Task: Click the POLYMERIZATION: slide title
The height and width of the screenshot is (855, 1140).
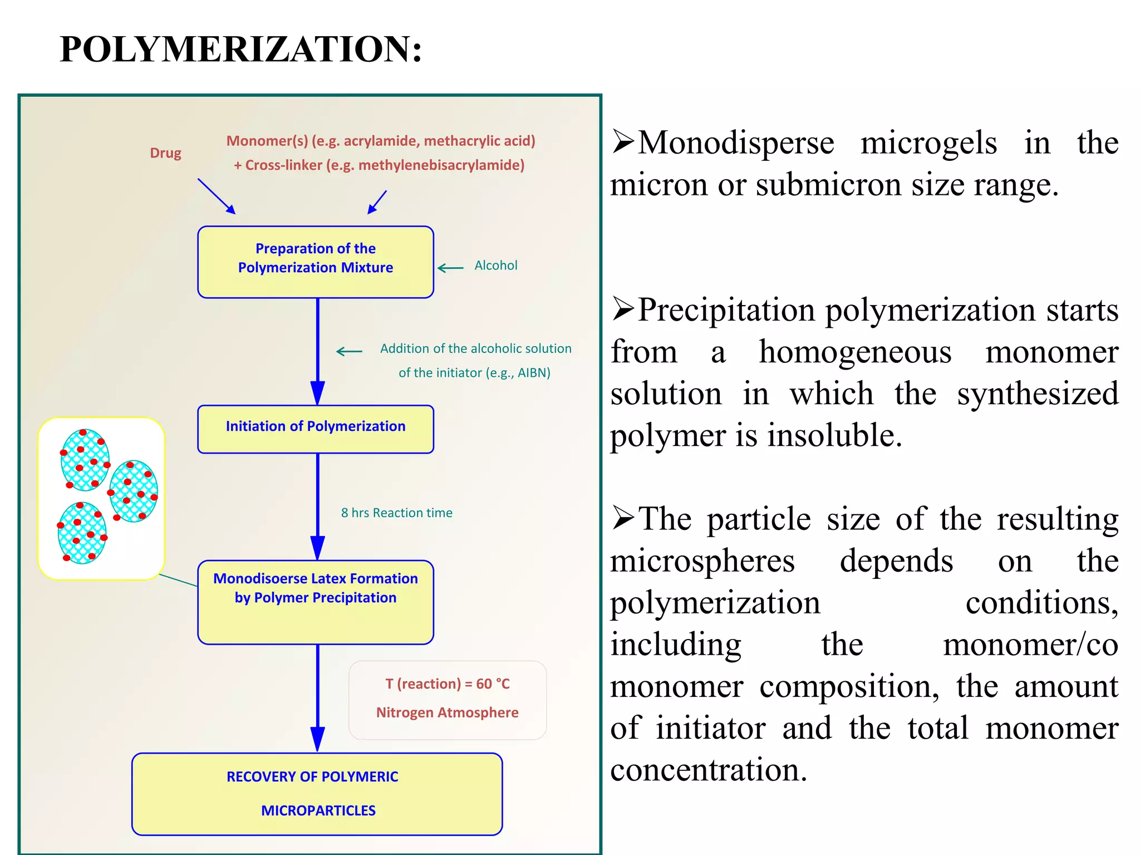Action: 240,49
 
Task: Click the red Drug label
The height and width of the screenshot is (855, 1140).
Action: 165,153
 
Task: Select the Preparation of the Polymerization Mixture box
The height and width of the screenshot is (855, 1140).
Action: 316,262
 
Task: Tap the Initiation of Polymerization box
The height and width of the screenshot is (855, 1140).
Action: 316,429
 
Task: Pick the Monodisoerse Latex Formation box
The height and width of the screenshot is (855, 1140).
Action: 316,602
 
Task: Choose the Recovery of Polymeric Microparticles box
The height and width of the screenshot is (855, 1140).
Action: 317,794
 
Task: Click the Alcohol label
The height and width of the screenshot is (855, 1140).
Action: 495,266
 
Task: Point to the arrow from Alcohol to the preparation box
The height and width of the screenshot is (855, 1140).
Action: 450,268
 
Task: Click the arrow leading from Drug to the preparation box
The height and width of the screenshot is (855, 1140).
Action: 216,196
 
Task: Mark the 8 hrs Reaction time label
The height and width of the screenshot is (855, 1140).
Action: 396,513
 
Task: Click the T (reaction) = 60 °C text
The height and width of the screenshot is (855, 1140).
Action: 448,684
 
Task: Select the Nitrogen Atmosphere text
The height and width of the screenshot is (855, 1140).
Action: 448,712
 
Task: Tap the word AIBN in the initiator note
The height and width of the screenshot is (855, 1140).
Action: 532,373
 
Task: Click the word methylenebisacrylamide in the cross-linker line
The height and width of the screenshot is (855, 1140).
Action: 440,165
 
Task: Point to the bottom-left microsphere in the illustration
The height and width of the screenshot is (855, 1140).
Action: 82,533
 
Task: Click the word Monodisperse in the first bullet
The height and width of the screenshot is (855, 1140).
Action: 736,143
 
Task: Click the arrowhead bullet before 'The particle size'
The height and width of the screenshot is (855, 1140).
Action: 623,519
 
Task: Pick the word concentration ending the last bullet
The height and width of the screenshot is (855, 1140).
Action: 707,770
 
